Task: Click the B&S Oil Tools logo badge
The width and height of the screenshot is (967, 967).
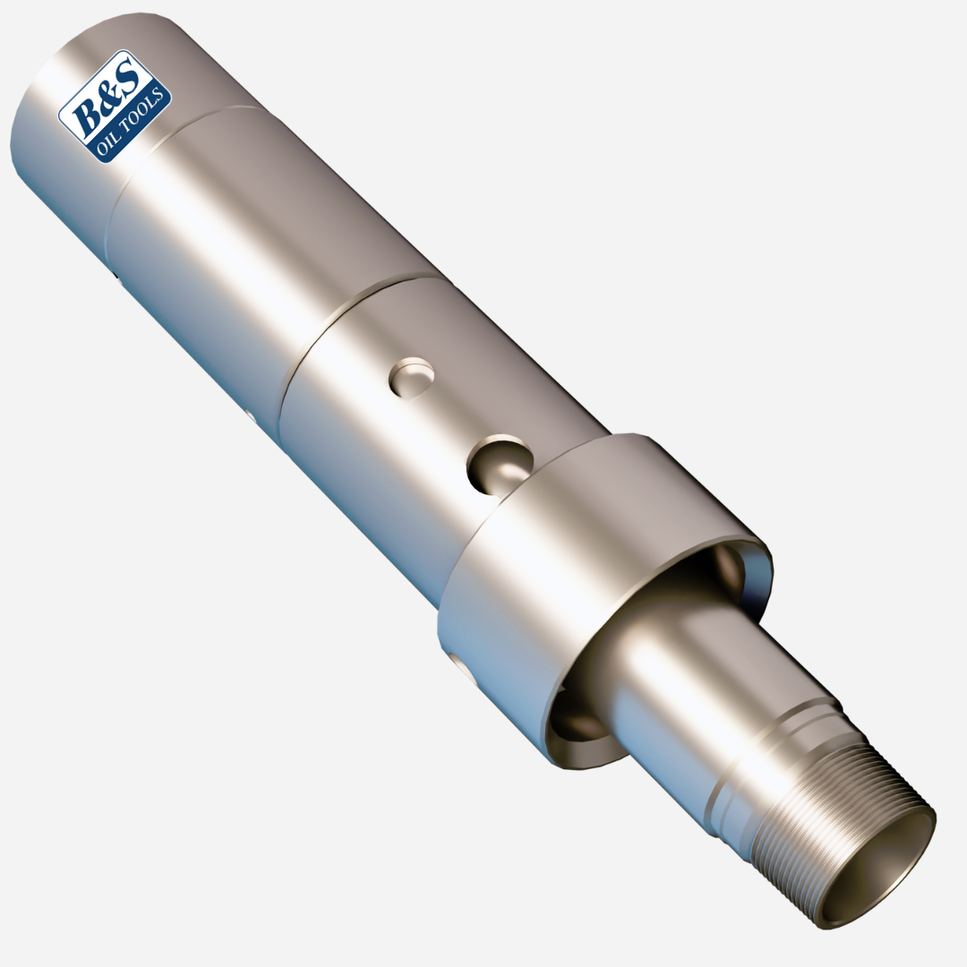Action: point(115,106)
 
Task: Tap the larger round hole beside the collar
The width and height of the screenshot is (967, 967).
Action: point(499,464)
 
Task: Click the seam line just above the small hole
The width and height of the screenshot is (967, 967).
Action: point(358,304)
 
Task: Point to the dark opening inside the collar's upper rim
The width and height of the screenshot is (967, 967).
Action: point(730,573)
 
